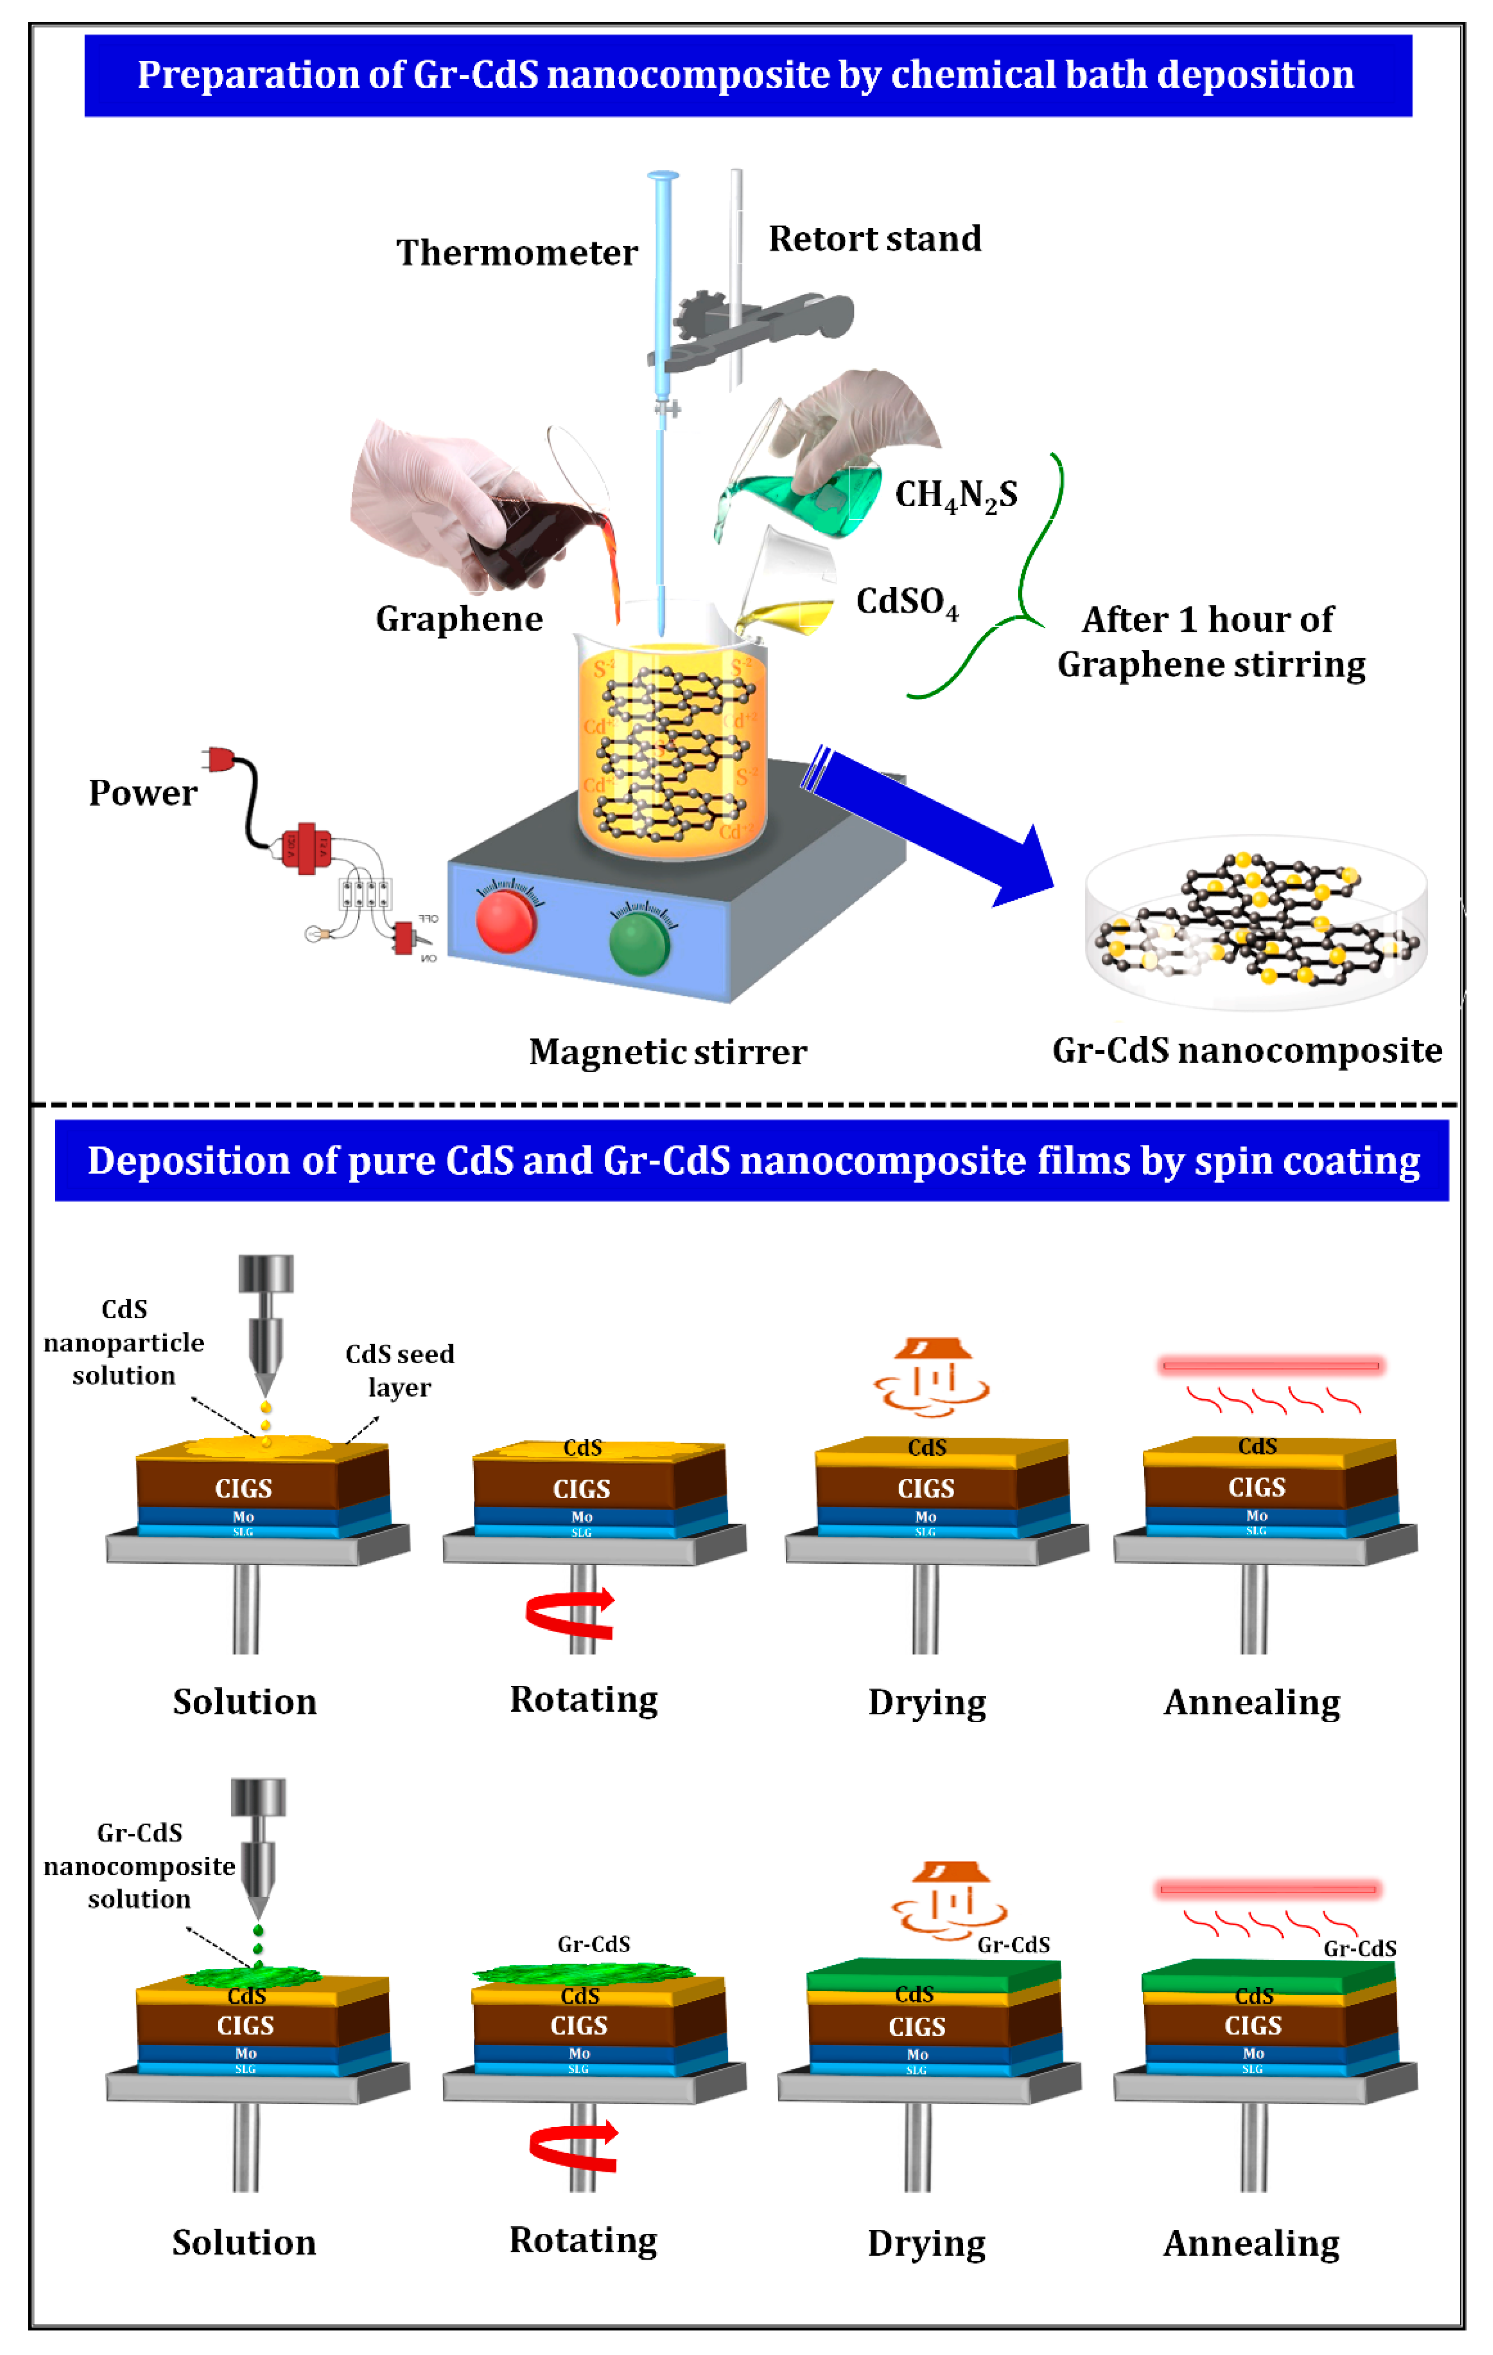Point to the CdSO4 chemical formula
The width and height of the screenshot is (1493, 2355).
point(907,603)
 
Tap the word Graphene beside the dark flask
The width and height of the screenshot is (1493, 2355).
point(459,619)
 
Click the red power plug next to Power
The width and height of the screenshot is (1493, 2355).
point(220,759)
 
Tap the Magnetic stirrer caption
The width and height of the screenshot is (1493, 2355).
point(668,1053)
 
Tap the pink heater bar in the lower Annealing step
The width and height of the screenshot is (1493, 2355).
point(1267,1889)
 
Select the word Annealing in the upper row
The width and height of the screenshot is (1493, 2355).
point(1252,1703)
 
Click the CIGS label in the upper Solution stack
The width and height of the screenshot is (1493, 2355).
point(243,1489)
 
